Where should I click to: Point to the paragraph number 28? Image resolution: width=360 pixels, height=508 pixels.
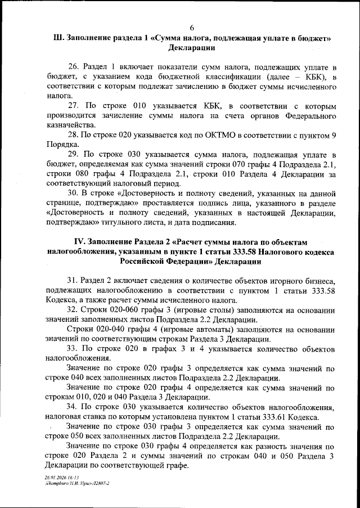[73, 134]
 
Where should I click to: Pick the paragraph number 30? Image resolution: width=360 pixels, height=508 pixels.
[73, 193]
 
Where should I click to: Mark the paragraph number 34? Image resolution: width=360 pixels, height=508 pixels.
[73, 407]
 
